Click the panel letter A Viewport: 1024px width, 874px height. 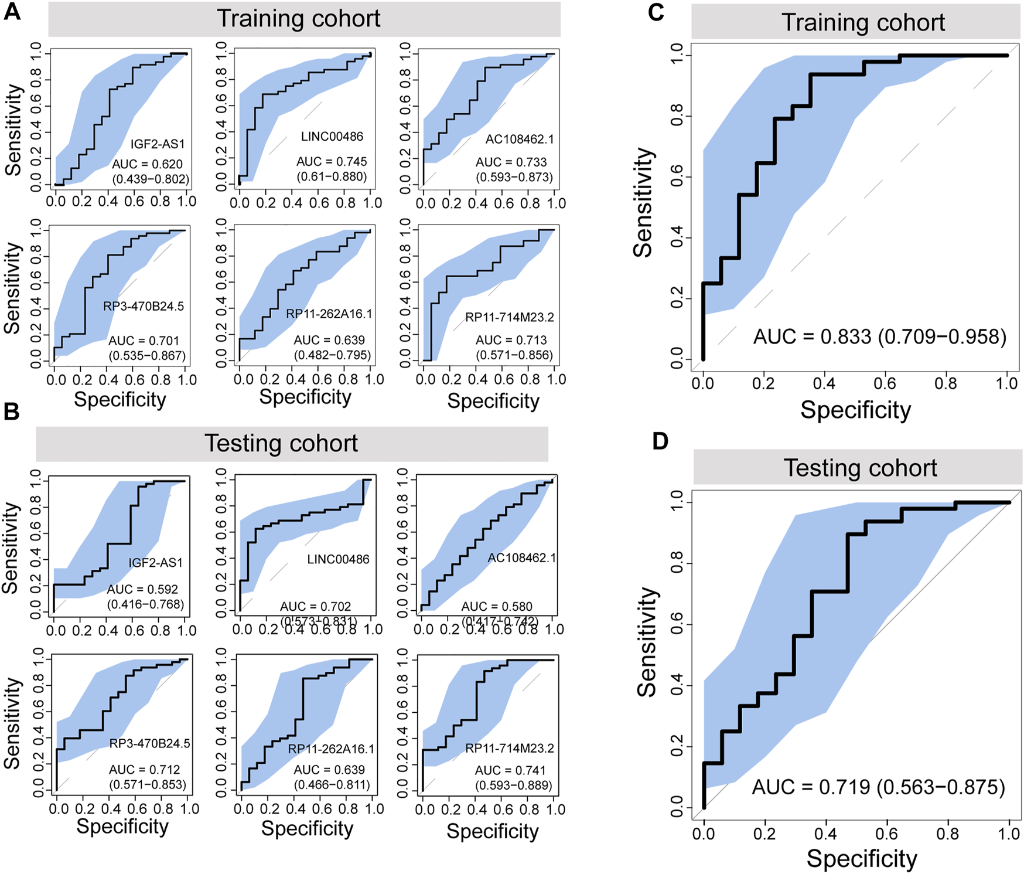click(12, 12)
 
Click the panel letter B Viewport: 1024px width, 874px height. click(12, 412)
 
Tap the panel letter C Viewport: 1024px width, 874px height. click(656, 12)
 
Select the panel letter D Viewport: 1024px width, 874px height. click(660, 441)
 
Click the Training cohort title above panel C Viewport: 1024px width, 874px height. click(863, 23)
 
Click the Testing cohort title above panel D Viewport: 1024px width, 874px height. click(860, 468)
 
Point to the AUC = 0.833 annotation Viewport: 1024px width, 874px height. click(879, 337)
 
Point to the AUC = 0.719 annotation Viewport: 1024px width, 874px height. click(878, 787)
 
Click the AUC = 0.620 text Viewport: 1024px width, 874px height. click(147, 164)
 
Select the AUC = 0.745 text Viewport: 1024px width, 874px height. click(332, 161)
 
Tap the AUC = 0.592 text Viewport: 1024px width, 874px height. click(142, 589)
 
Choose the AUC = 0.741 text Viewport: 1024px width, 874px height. click(510, 770)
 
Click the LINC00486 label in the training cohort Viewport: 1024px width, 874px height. click(332, 137)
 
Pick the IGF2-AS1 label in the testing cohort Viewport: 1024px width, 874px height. click(155, 563)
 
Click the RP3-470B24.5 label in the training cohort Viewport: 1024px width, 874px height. click(144, 306)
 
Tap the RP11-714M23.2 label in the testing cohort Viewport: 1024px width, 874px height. click(510, 749)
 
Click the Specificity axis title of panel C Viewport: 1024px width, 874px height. click(855, 410)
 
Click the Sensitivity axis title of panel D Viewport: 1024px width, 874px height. click(647, 642)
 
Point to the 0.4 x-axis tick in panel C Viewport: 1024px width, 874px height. click(824, 383)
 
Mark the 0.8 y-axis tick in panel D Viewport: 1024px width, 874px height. click(677, 564)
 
